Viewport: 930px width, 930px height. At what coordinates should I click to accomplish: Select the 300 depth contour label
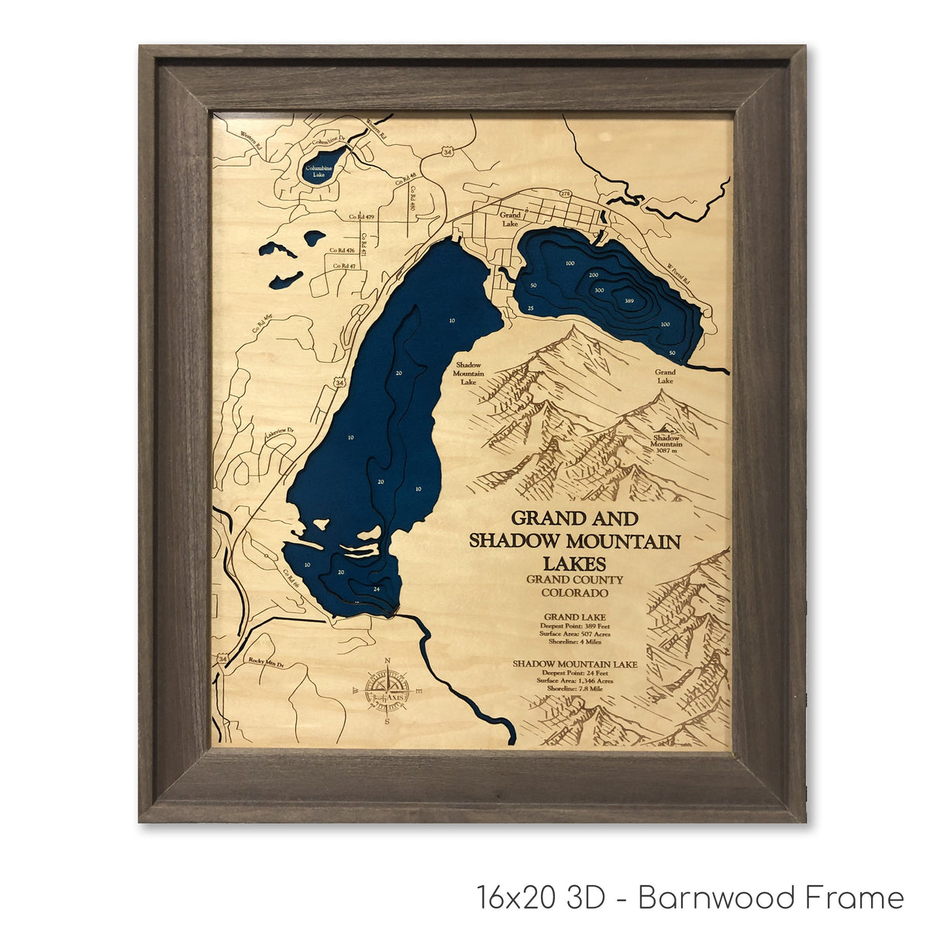pyautogui.click(x=599, y=290)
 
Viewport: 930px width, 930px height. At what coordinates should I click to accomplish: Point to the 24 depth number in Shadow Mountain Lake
pyautogui.click(x=377, y=588)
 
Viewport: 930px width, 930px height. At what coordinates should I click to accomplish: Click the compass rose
pyautogui.click(x=387, y=690)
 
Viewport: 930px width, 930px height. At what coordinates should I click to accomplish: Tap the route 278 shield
pyautogui.click(x=565, y=194)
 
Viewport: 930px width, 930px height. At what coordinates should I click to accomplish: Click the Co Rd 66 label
pyautogui.click(x=290, y=577)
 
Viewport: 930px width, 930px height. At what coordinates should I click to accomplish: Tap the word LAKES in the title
pyautogui.click(x=574, y=563)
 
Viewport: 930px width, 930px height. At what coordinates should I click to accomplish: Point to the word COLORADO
pyautogui.click(x=574, y=593)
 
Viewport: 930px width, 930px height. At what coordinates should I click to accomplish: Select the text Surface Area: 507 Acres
pyautogui.click(x=574, y=634)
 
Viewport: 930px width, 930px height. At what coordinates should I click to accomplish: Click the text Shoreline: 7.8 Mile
pyautogui.click(x=574, y=689)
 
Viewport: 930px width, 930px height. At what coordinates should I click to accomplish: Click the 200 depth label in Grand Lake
pyautogui.click(x=594, y=276)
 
